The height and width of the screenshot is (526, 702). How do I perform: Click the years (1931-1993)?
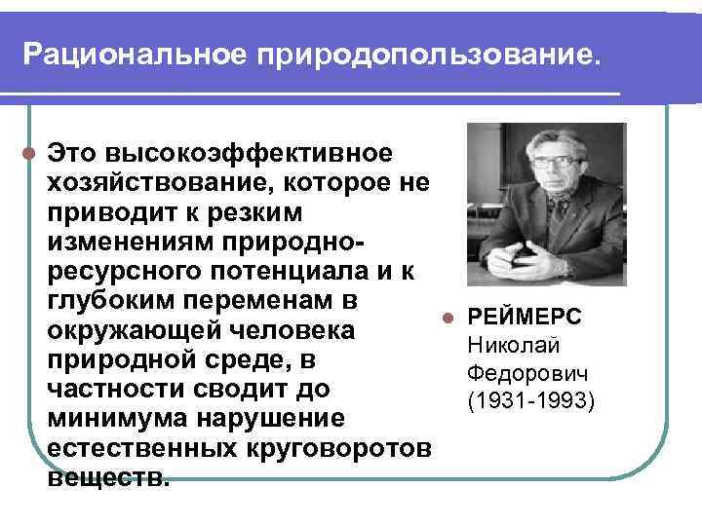pos(530,399)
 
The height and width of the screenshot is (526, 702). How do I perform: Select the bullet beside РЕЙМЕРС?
pos(447,318)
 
